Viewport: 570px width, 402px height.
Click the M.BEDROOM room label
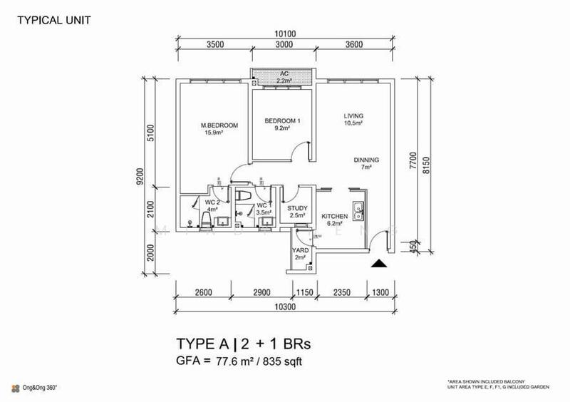(x=219, y=125)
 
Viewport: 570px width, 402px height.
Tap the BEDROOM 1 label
(x=283, y=121)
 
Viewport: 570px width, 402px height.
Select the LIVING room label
(x=354, y=115)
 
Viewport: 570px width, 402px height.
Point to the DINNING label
(x=366, y=160)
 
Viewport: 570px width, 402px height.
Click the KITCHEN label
(x=334, y=215)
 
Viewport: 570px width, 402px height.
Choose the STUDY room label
(x=296, y=208)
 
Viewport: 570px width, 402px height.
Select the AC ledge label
(x=284, y=74)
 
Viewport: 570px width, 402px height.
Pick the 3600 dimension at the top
(x=354, y=45)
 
